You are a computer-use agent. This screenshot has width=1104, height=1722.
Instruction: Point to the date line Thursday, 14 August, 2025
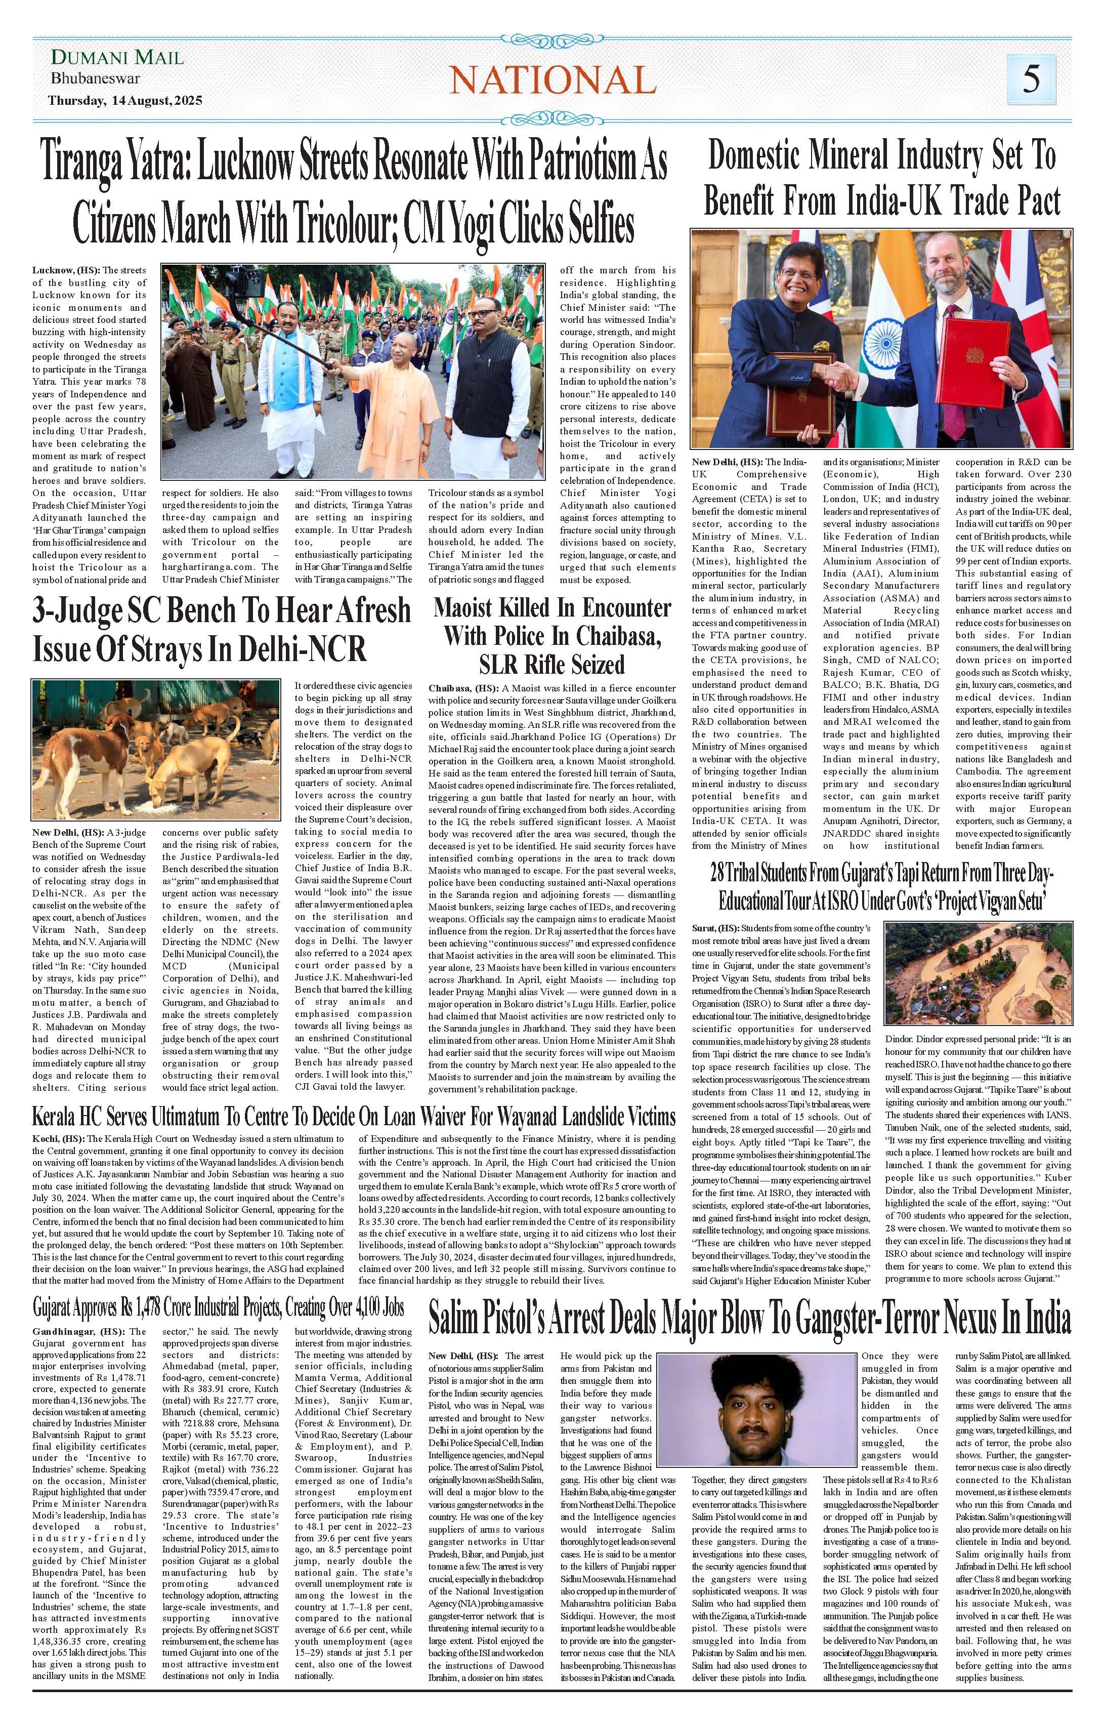(x=124, y=100)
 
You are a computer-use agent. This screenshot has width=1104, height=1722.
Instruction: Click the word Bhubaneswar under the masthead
(x=95, y=79)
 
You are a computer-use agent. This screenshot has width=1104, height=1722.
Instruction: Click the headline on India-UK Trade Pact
(x=882, y=179)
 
